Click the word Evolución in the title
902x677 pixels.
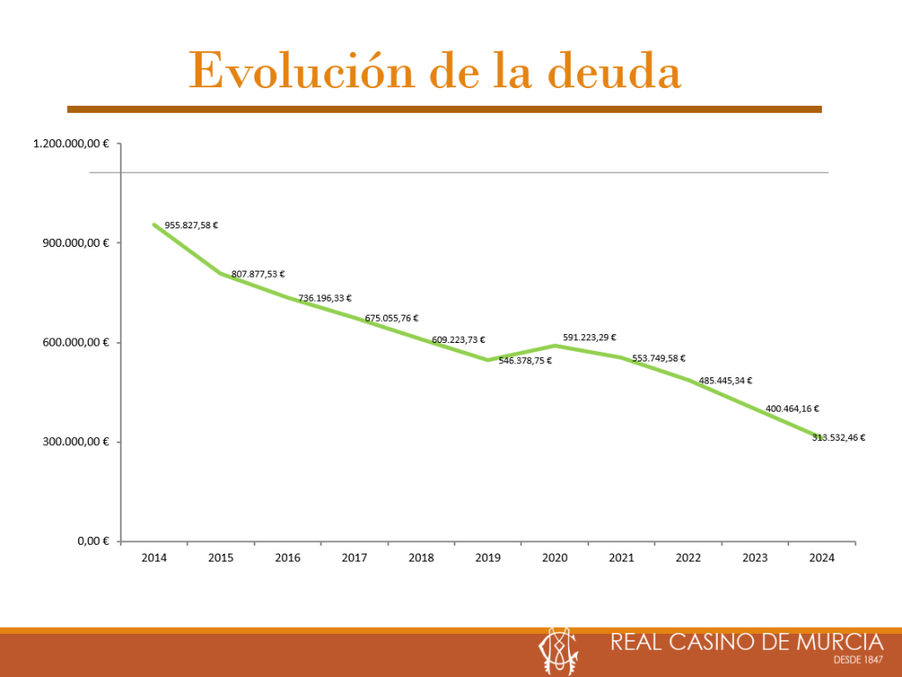click(x=302, y=71)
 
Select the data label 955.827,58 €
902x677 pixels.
click(x=191, y=226)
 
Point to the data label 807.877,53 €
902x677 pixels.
click(x=258, y=275)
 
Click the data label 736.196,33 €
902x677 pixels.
click(x=325, y=299)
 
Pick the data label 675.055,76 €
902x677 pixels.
click(x=392, y=318)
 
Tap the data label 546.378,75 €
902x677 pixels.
click(x=526, y=361)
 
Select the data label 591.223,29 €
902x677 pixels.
click(x=589, y=338)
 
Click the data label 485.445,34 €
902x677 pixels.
click(x=726, y=381)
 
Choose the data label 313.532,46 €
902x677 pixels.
click(x=839, y=437)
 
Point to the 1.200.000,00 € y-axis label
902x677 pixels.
click(x=71, y=144)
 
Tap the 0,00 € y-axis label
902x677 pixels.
click(x=92, y=541)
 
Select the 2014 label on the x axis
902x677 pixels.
click(x=154, y=558)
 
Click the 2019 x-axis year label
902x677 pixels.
click(x=488, y=558)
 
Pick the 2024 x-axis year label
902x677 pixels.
click(x=822, y=558)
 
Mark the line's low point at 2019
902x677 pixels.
click(x=487, y=360)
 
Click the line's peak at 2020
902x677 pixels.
click(x=554, y=345)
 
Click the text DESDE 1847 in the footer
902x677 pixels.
click(x=858, y=659)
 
